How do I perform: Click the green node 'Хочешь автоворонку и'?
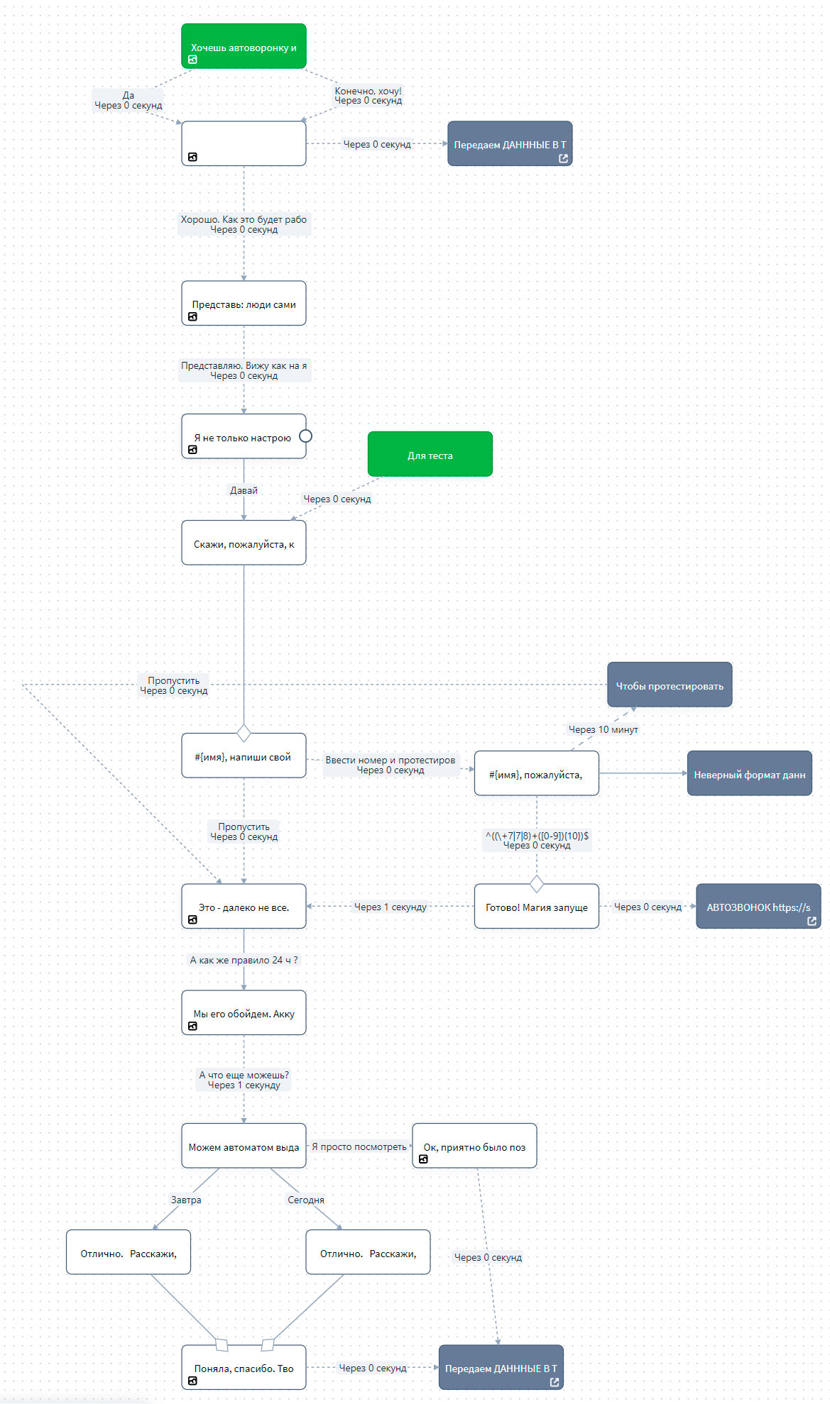click(244, 46)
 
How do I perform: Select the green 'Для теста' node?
click(430, 454)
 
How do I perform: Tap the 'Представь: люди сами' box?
click(244, 303)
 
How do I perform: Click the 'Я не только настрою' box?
click(244, 436)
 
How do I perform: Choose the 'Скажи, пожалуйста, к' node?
click(244, 543)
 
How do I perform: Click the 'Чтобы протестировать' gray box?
click(670, 685)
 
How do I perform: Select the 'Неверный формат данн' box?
click(749, 773)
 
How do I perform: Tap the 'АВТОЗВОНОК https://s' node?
click(758, 906)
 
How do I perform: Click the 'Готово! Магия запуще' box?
click(536, 906)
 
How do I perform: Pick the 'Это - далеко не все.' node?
click(244, 906)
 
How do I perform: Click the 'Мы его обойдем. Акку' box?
click(244, 1012)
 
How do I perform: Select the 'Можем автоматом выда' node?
click(244, 1146)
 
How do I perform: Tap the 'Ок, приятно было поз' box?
click(474, 1146)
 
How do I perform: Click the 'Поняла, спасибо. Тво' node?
click(244, 1367)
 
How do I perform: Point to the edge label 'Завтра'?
click(186, 1200)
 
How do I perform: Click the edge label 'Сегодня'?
click(306, 1200)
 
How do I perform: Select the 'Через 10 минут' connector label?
click(604, 729)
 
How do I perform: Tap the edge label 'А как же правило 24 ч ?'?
click(244, 960)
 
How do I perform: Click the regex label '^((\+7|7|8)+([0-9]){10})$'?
click(537, 835)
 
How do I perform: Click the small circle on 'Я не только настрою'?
click(306, 436)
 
